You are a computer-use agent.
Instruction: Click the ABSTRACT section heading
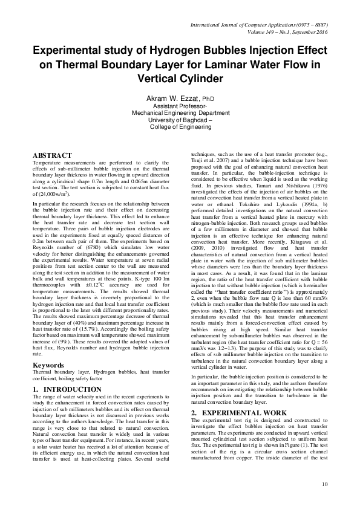[x=52, y=155]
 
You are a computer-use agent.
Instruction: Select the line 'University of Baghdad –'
[x=180, y=120]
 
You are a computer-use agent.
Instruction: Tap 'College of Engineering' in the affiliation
[x=180, y=127]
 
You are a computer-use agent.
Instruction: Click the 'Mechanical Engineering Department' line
[x=180, y=112]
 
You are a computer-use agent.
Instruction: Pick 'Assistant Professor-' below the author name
[x=180, y=105]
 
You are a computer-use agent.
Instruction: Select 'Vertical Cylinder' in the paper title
[x=180, y=79]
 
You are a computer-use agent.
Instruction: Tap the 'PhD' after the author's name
[x=208, y=98]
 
